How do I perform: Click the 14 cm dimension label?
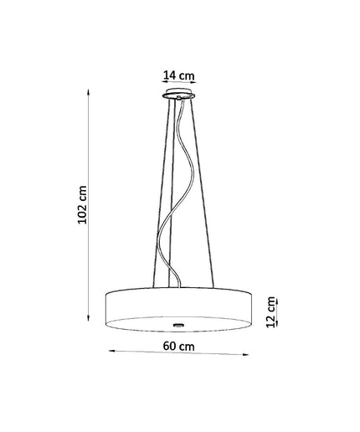click(178, 75)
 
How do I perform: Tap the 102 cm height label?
click(82, 204)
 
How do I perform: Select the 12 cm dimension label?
click(270, 312)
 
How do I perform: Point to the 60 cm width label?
click(178, 347)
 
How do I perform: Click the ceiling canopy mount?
click(178, 94)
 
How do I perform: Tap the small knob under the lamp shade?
click(177, 325)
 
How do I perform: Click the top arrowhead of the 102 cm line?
click(89, 92)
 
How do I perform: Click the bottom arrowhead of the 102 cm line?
click(89, 318)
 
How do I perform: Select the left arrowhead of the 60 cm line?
click(111, 351)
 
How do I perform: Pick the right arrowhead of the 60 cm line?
click(245, 354)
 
